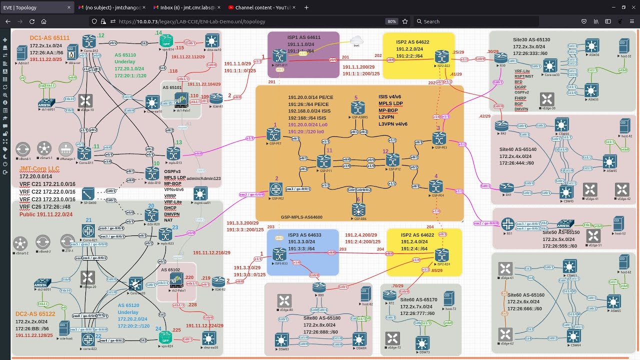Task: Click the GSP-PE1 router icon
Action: [273, 134]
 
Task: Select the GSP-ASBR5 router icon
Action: [357, 107]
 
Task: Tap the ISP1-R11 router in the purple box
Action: [279, 55]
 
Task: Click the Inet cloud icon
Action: [356, 40]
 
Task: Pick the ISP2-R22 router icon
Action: [441, 56]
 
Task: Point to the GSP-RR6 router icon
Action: [358, 208]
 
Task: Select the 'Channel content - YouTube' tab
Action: [260, 7]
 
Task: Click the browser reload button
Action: [32, 21]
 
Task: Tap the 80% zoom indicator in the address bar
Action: [391, 21]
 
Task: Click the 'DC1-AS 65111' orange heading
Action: [49, 38]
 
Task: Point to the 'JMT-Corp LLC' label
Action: [39, 169]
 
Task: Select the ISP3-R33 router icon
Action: [280, 253]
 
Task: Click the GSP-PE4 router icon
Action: [436, 186]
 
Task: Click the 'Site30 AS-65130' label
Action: [531, 39]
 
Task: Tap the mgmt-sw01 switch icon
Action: [200, 193]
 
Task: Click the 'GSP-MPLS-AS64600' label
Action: [301, 217]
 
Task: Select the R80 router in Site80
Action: [319, 287]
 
